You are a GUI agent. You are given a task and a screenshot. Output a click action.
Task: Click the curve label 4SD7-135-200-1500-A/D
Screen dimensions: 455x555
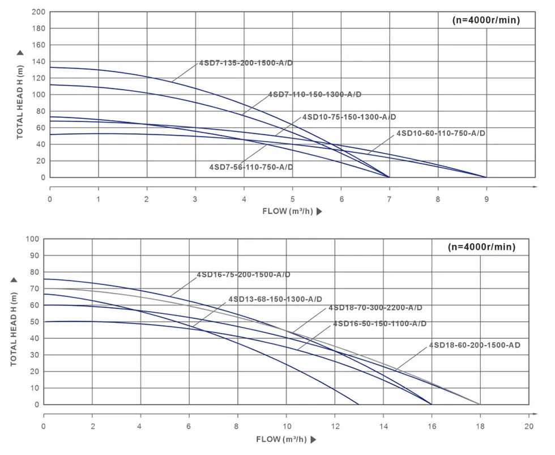click(x=246, y=63)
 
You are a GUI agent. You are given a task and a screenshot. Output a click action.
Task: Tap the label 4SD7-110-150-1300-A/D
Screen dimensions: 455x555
click(x=314, y=94)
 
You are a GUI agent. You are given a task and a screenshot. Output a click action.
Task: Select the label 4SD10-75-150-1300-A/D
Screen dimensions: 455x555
click(x=349, y=117)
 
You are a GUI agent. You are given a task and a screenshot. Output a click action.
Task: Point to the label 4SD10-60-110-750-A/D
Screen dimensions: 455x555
click(x=441, y=133)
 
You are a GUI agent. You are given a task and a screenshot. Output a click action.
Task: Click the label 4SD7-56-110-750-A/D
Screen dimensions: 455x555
click(x=251, y=167)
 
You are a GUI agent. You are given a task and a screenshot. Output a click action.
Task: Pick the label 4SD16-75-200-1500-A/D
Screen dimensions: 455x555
click(x=244, y=275)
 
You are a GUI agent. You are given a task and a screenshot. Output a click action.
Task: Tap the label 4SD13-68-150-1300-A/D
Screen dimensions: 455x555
click(x=275, y=299)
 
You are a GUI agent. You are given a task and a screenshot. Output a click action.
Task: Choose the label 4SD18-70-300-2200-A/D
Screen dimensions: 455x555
click(x=375, y=308)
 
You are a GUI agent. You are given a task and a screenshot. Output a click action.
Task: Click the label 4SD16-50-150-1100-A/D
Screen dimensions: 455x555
click(x=379, y=324)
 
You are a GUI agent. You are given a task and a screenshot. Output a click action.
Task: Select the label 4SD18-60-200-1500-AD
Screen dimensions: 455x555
click(x=475, y=345)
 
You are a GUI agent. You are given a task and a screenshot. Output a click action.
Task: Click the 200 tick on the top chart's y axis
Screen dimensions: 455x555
click(x=37, y=12)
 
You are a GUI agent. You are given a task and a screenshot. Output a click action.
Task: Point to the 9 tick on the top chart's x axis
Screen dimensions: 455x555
click(x=486, y=199)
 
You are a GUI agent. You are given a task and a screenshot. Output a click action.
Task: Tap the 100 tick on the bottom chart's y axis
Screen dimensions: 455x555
click(x=32, y=239)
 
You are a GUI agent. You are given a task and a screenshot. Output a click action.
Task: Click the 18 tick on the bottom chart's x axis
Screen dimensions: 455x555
click(x=480, y=426)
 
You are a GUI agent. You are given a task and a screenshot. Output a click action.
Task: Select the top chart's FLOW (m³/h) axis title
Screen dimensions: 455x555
click(x=288, y=211)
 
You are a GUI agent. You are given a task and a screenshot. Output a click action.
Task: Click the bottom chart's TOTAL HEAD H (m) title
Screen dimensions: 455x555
click(x=14, y=322)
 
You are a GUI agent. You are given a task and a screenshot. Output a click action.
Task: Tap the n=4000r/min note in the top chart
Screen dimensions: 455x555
click(x=486, y=20)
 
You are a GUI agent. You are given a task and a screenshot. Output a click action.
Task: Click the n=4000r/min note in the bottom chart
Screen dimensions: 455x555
click(x=481, y=247)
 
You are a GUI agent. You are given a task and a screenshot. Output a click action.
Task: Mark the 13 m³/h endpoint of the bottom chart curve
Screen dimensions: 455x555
click(x=359, y=405)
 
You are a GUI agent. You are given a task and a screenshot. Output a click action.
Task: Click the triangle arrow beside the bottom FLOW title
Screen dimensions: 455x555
click(x=313, y=439)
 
